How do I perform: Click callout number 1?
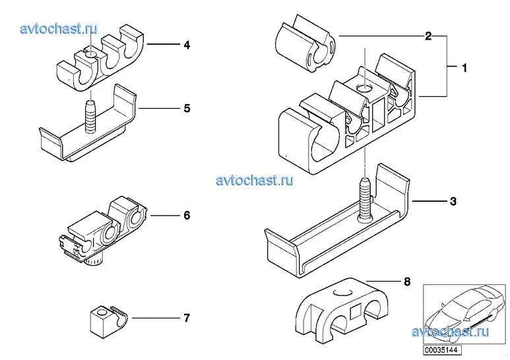click(464, 67)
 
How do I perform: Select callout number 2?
click(428, 36)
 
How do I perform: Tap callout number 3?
click(453, 201)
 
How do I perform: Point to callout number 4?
click(187, 45)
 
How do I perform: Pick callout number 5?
click(187, 107)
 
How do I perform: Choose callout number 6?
click(187, 216)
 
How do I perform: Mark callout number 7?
click(187, 318)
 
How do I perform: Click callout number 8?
click(407, 282)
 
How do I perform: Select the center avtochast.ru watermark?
click(254, 179)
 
